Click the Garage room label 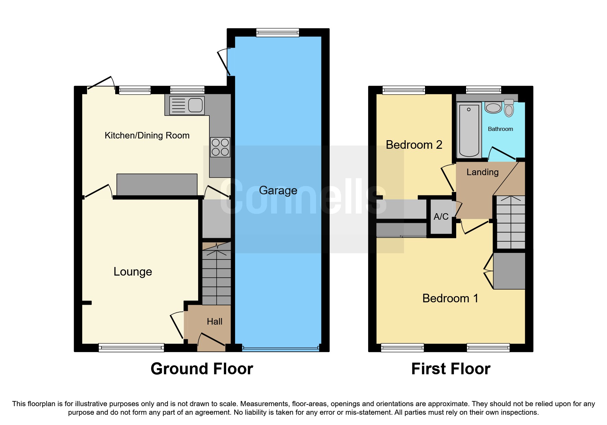(x=278, y=191)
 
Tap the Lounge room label (x=133, y=272)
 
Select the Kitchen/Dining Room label (x=147, y=135)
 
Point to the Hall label (x=215, y=321)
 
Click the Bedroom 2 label (x=414, y=145)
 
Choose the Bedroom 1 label (x=450, y=298)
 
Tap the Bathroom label (x=500, y=129)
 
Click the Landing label (x=483, y=172)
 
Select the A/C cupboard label (x=441, y=217)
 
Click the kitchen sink (x=187, y=105)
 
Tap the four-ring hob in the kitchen (x=220, y=147)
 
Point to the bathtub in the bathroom (x=469, y=130)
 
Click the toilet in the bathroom (x=509, y=108)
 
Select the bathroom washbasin (x=494, y=108)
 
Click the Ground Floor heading (x=202, y=369)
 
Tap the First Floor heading (x=451, y=369)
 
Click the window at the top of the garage (x=278, y=33)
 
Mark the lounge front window (x=131, y=348)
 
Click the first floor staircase (x=511, y=222)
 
